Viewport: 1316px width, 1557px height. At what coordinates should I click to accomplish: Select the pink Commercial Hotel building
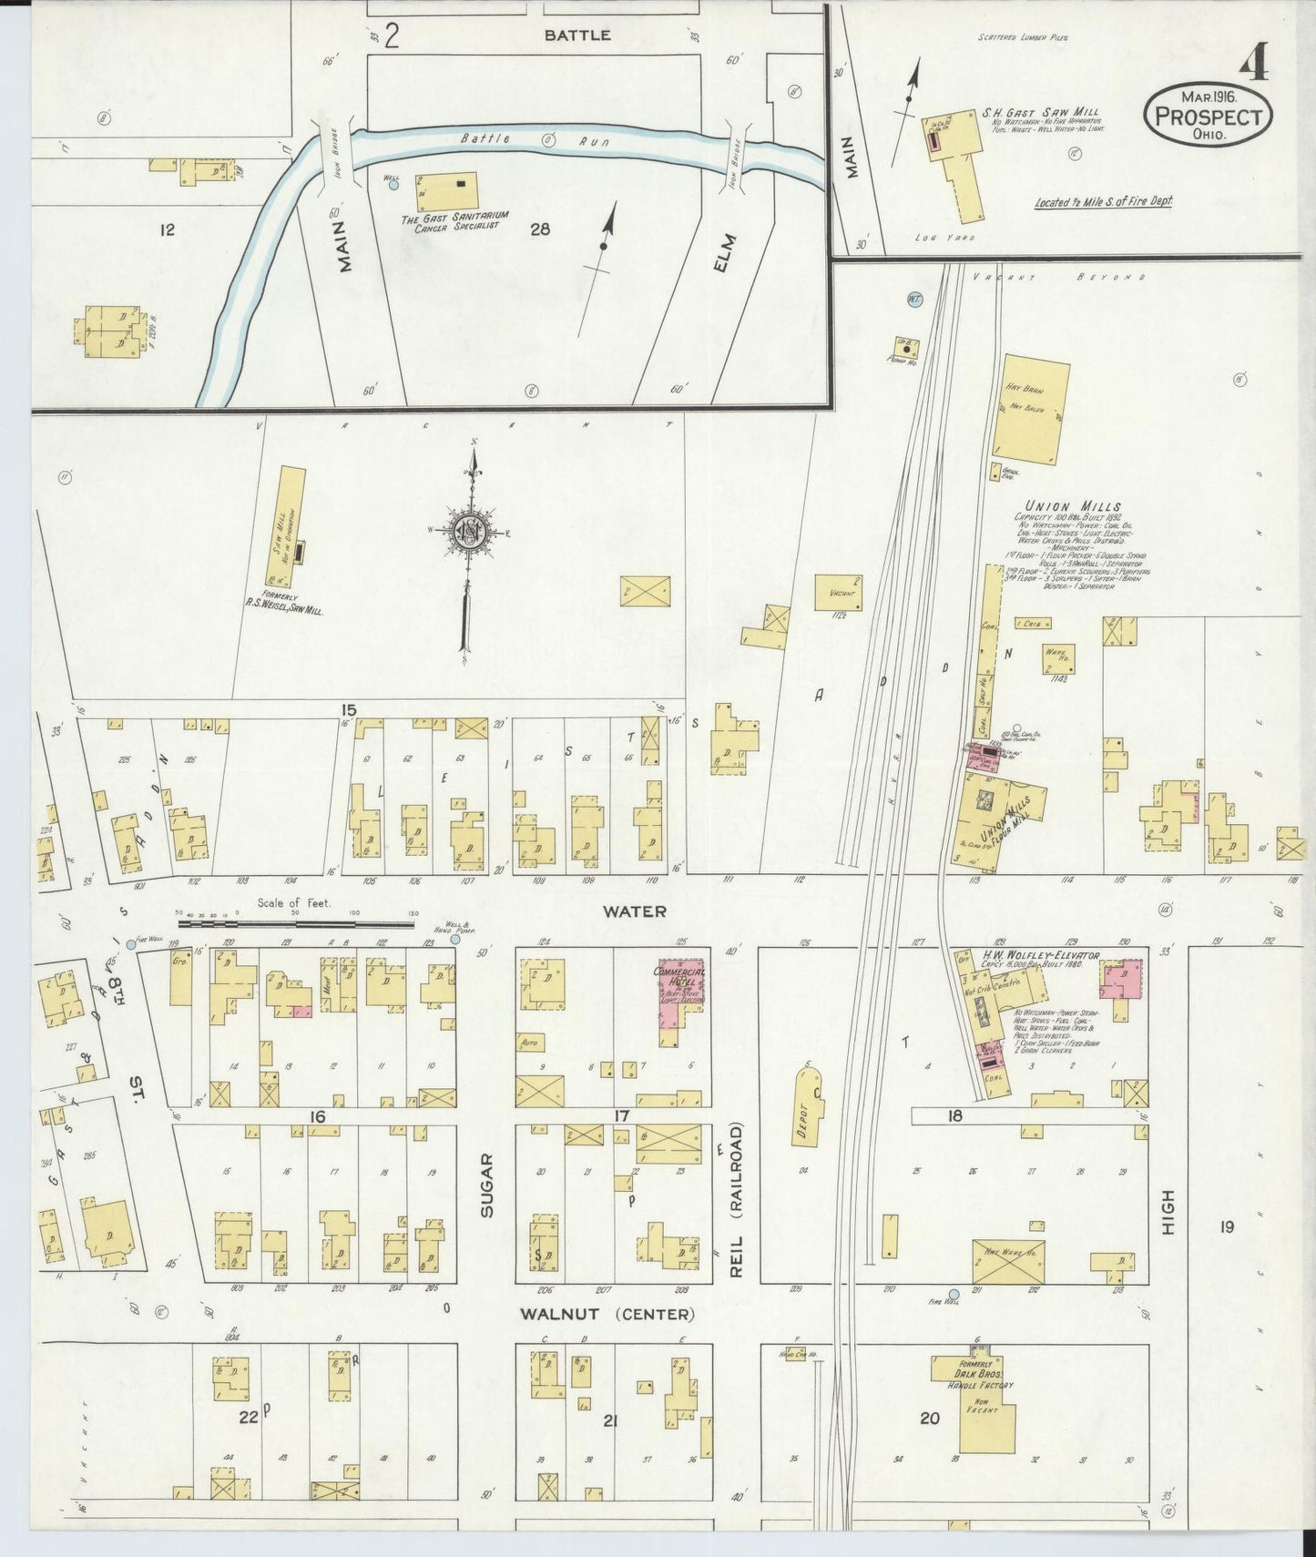(x=682, y=994)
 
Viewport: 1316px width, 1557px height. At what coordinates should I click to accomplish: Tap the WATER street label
(x=634, y=911)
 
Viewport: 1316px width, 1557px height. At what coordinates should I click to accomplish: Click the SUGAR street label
(x=488, y=1186)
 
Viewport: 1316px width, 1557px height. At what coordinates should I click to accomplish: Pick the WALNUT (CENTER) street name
(x=607, y=1314)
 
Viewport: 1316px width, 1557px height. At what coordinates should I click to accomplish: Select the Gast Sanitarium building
(x=445, y=190)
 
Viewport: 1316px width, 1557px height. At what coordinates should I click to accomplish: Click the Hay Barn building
(x=1030, y=409)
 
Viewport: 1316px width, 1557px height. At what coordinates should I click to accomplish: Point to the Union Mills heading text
(x=1072, y=506)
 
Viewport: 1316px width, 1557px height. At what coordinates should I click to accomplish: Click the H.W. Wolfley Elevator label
(x=1040, y=955)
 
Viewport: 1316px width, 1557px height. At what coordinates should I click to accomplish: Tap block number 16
(x=317, y=1116)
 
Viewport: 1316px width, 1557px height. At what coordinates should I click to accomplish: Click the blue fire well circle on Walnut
(x=954, y=1294)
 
